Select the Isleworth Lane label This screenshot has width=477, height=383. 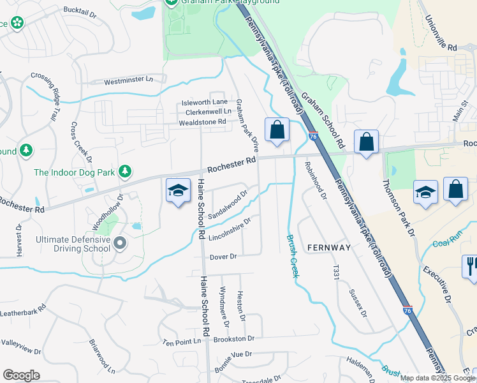pos(204,102)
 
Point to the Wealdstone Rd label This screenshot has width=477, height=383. pos(202,121)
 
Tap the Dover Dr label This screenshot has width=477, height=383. pos(223,257)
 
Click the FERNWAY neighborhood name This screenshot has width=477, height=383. pos(329,247)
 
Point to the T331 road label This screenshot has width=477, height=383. pos(335,271)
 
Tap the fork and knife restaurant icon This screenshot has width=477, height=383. pos(471,266)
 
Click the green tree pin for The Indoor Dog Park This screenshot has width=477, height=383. pos(126,170)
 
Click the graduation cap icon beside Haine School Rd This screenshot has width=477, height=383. pos(179,190)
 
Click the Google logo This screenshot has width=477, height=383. pos(21,375)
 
